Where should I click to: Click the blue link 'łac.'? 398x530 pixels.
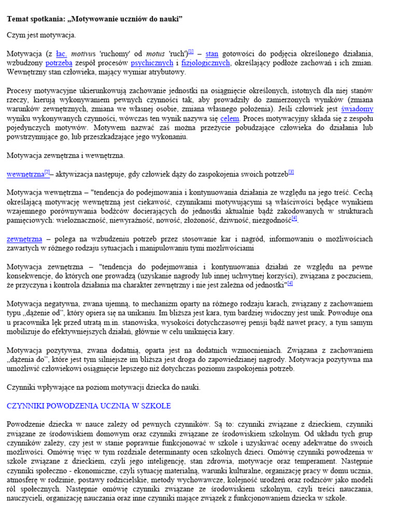62,53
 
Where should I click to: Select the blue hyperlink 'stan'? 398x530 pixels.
211,53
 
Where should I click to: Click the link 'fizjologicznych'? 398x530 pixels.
205,63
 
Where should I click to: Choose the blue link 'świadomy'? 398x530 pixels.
357,109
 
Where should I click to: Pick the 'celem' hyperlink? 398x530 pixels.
230,119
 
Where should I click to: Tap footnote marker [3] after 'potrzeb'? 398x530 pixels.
291,172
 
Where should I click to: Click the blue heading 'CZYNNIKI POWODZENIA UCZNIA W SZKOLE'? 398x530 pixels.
89,406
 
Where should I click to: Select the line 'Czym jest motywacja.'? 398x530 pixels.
41,35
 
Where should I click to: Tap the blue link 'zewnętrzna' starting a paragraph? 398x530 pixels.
24,239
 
